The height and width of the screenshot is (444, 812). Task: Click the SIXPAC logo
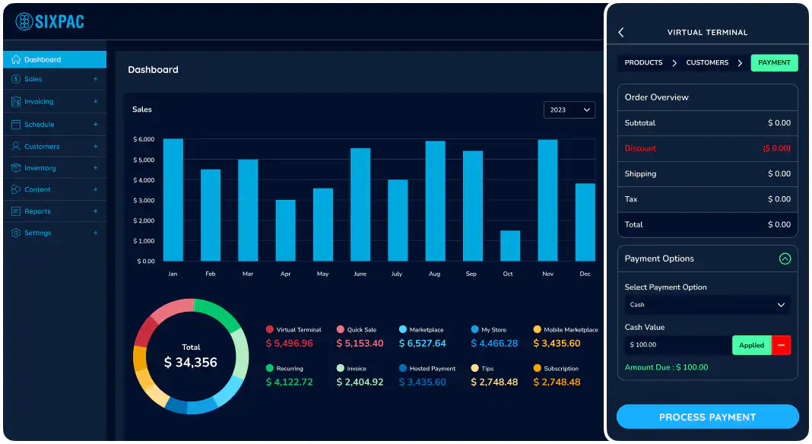pyautogui.click(x=50, y=21)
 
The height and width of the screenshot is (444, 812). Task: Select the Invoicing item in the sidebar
pyautogui.click(x=39, y=102)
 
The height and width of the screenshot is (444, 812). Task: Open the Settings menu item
pyautogui.click(x=37, y=233)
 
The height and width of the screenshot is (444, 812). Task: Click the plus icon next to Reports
pyautogui.click(x=95, y=211)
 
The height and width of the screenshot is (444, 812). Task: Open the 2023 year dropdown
pyautogui.click(x=569, y=110)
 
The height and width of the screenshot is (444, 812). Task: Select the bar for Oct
pyautogui.click(x=509, y=246)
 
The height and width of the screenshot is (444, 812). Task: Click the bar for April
pyautogui.click(x=285, y=230)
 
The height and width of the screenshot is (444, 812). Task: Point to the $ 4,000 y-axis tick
pyautogui.click(x=144, y=180)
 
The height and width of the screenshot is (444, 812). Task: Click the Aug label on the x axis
pyautogui.click(x=434, y=274)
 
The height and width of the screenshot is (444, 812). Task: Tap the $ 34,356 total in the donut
pyautogui.click(x=191, y=363)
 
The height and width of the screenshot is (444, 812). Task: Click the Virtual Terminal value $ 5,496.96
pyautogui.click(x=289, y=344)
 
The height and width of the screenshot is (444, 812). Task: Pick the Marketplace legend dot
pyautogui.click(x=402, y=330)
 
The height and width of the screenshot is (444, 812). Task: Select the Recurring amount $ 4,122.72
pyautogui.click(x=289, y=382)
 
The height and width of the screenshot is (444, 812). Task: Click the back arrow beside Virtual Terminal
pyautogui.click(x=621, y=33)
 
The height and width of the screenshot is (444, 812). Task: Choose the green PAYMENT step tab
pyautogui.click(x=774, y=63)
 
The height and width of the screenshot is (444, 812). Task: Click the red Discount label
pyautogui.click(x=640, y=148)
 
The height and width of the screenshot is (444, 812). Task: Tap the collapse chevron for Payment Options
pyautogui.click(x=785, y=259)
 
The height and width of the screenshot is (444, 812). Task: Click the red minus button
pyautogui.click(x=781, y=345)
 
